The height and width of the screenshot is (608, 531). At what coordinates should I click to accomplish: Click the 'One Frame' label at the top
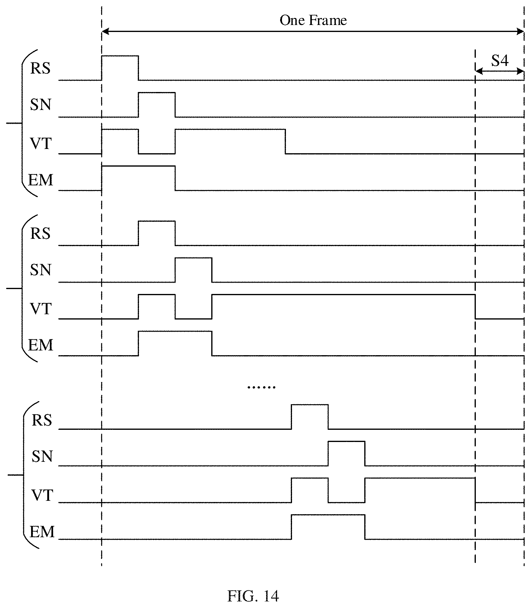point(313,20)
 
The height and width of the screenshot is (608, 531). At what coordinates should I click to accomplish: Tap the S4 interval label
point(500,61)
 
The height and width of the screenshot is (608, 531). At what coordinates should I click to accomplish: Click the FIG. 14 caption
point(253,596)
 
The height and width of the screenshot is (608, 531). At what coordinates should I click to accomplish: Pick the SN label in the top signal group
point(41,104)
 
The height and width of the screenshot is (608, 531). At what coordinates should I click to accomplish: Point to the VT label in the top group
point(41,143)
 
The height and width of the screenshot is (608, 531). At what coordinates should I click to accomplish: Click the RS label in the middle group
point(41,233)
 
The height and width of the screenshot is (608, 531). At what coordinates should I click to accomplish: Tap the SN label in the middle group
point(41,270)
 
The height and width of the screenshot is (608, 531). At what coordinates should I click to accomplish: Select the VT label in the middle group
point(41,309)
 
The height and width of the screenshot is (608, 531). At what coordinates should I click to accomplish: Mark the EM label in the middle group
point(41,345)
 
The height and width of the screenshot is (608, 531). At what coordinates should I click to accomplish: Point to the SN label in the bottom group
point(42,456)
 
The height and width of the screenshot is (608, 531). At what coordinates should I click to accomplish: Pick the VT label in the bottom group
point(42,495)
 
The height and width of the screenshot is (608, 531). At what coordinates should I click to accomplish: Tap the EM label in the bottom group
point(42,532)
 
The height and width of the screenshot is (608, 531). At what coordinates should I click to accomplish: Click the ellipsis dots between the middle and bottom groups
point(262,387)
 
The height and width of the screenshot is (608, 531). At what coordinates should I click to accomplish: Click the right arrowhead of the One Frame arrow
point(520,31)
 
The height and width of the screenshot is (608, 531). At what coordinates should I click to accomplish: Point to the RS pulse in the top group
point(120,56)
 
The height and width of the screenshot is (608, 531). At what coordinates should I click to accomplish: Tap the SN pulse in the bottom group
point(347,441)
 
